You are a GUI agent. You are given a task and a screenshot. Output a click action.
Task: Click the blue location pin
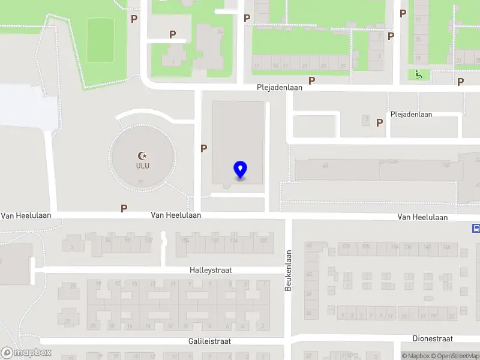click(x=240, y=170)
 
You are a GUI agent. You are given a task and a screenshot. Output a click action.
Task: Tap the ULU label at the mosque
click(x=143, y=166)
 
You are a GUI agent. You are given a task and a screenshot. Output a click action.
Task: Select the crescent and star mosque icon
click(x=143, y=156)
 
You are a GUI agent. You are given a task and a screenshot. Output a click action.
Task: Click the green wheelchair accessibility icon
click(x=418, y=74)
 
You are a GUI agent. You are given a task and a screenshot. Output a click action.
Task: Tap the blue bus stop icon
click(x=476, y=228)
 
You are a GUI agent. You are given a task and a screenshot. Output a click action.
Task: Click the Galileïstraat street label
click(x=209, y=341)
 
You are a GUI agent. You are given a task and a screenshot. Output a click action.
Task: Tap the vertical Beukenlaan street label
click(x=288, y=271)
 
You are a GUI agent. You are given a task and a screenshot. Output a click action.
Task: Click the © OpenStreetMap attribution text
click(x=454, y=356)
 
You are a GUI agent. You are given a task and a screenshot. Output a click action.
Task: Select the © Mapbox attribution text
click(x=415, y=356)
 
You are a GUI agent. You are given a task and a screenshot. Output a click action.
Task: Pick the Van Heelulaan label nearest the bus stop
click(x=422, y=217)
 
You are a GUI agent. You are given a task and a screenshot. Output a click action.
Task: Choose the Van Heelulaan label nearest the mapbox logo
click(x=26, y=215)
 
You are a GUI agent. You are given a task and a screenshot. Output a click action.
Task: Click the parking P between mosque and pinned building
click(x=204, y=148)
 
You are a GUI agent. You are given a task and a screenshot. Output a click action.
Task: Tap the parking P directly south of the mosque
click(x=124, y=208)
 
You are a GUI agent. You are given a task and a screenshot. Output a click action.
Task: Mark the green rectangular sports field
click(x=100, y=40)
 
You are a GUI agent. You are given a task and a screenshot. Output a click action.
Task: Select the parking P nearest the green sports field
click(x=134, y=19)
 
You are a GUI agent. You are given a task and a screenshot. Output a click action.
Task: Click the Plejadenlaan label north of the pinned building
click(x=279, y=87)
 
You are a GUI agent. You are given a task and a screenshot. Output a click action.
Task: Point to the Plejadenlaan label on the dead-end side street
click(x=411, y=114)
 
